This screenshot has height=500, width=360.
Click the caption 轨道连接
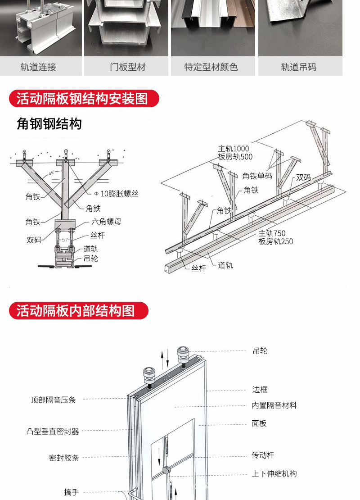[38, 67]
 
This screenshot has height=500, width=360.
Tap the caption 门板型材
[128, 67]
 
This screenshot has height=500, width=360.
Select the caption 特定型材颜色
[211, 67]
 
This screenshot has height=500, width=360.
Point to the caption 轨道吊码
[299, 67]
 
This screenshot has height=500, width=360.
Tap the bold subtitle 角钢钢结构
[49, 123]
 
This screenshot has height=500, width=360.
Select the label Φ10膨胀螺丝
[116, 194]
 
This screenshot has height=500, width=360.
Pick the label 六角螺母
[106, 222]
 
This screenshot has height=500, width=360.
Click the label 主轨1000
[234, 149]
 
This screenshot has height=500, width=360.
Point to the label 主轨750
[272, 233]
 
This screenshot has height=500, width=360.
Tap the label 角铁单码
[257, 176]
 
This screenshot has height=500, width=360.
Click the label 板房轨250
[275, 241]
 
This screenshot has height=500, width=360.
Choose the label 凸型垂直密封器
[53, 431]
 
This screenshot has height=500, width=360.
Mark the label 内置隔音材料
[274, 405]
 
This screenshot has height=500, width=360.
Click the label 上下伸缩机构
[274, 474]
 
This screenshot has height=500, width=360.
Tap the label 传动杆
[263, 455]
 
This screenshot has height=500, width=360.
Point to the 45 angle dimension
[51, 173]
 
